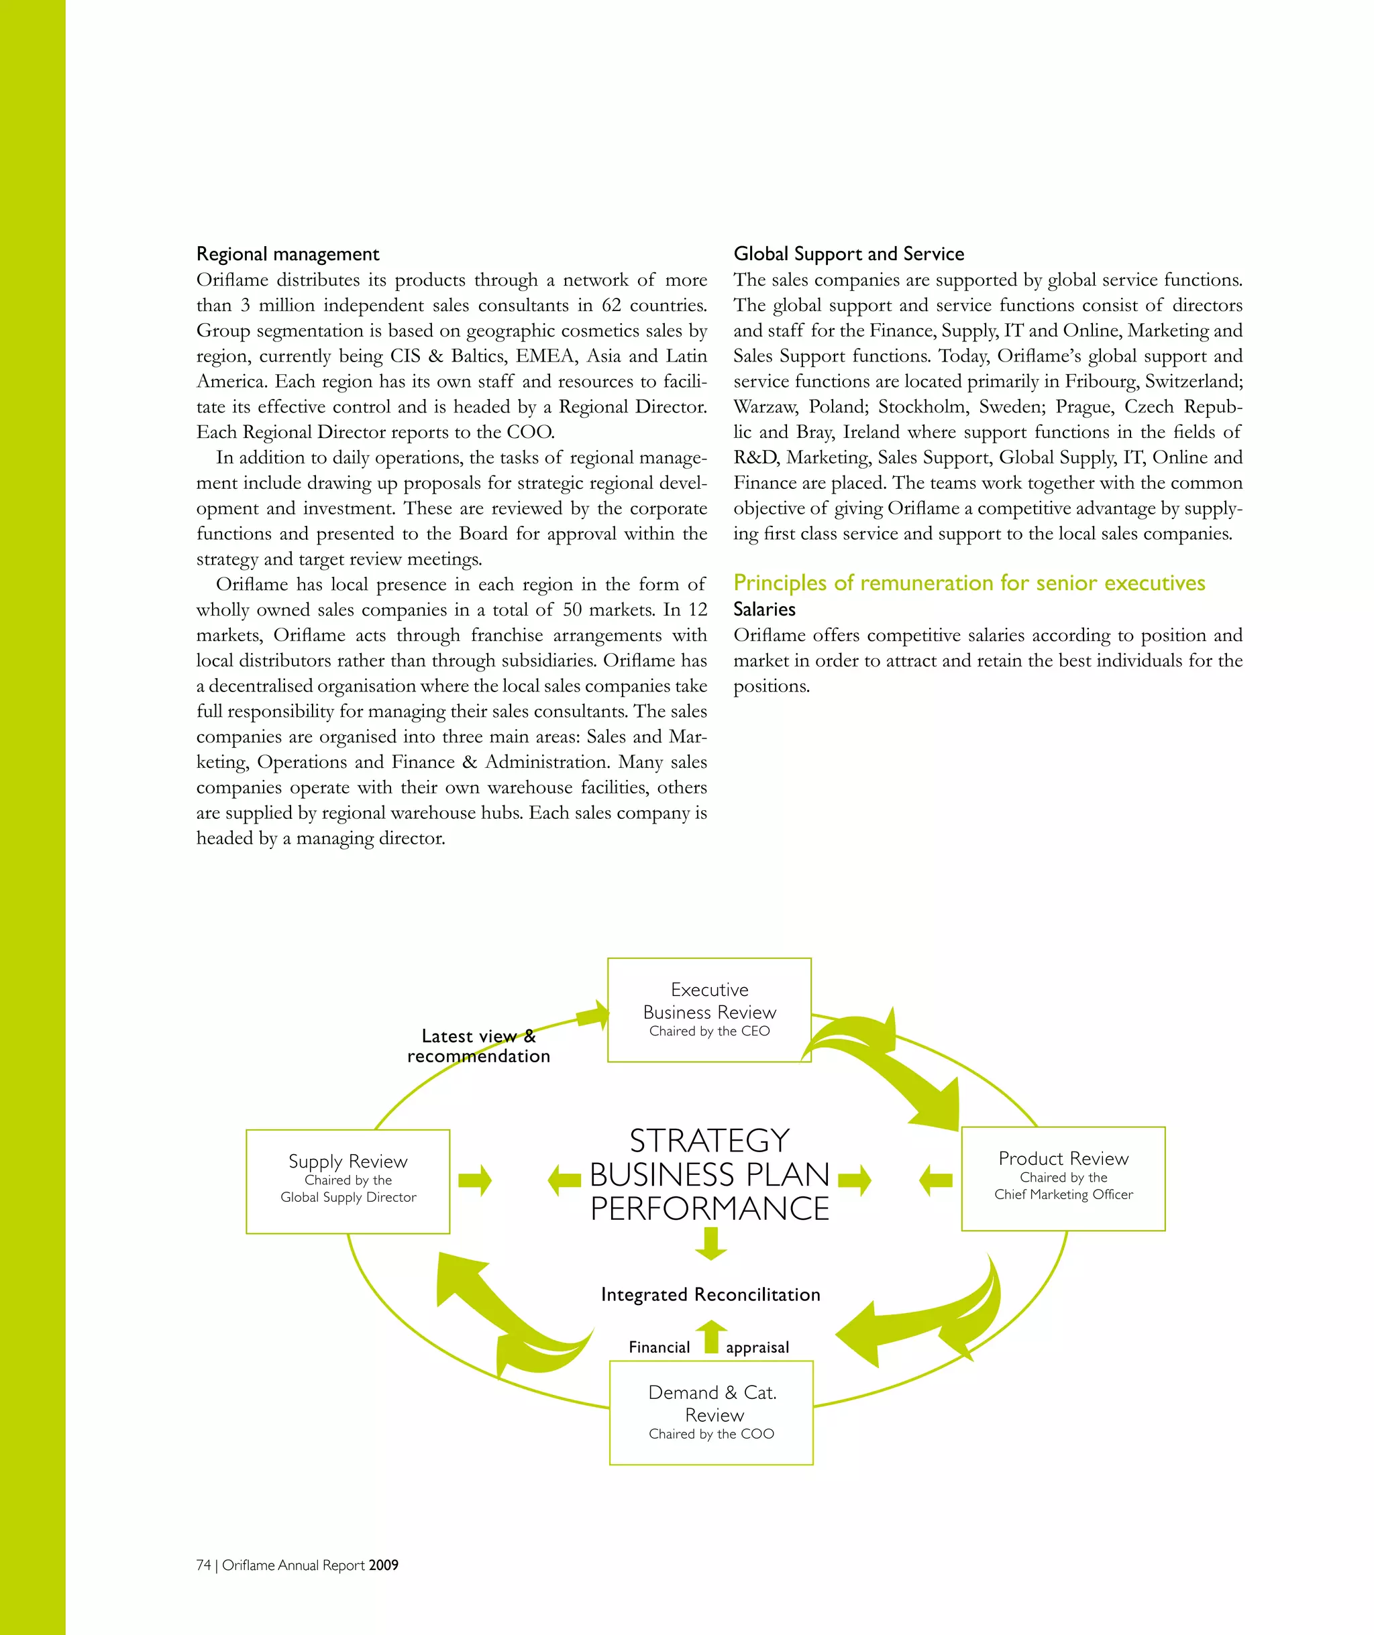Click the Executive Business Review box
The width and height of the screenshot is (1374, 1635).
click(x=709, y=1009)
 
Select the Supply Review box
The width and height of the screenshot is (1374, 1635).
click(x=348, y=1181)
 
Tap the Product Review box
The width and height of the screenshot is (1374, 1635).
click(x=1063, y=1178)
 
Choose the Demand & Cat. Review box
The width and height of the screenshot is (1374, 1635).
click(x=711, y=1412)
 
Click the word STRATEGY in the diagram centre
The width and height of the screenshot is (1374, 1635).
click(x=709, y=1141)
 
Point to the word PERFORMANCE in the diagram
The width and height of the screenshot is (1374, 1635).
click(x=709, y=1208)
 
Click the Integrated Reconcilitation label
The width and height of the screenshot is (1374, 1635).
click(x=710, y=1294)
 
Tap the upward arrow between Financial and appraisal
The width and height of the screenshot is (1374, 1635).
click(x=710, y=1338)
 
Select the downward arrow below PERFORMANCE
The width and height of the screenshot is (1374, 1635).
click(x=710, y=1243)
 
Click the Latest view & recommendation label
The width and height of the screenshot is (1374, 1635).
click(x=478, y=1046)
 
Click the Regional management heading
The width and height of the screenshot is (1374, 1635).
click(x=287, y=253)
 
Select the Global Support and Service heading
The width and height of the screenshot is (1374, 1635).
click(x=848, y=253)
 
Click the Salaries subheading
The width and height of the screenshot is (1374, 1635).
click(x=764, y=609)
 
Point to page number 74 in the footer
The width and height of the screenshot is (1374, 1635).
click(x=203, y=1565)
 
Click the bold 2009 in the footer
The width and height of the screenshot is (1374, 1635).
click(x=383, y=1565)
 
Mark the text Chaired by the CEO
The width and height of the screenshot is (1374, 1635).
click(x=709, y=1031)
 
